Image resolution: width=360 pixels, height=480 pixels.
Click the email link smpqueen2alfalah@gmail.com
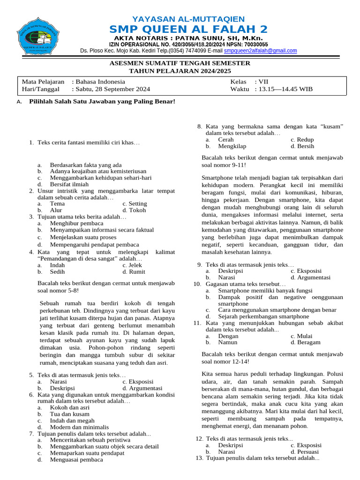[260, 51]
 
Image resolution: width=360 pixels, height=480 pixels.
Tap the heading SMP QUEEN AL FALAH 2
[188, 29]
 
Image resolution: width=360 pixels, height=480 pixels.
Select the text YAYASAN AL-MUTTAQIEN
[188, 19]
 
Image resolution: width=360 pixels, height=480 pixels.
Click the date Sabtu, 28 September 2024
[112, 89]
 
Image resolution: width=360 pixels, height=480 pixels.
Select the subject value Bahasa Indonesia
[100, 82]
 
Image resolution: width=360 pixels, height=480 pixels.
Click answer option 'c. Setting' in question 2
[135, 203]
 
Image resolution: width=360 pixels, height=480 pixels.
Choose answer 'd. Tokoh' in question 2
[134, 210]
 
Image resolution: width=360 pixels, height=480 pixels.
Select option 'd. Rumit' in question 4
[134, 271]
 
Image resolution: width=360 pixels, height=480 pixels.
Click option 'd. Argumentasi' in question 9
[310, 277]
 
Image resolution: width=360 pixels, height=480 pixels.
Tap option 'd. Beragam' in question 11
[305, 342]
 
